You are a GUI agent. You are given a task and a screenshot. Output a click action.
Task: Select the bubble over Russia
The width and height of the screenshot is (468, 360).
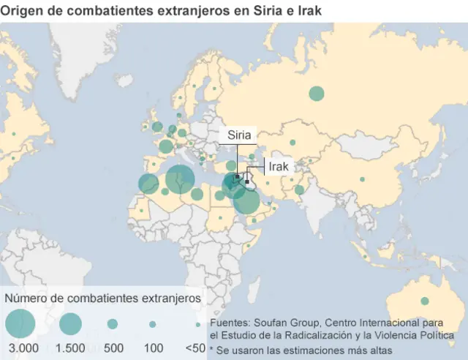point(317,93)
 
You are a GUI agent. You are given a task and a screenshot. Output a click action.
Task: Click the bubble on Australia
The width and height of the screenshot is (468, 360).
point(425,301)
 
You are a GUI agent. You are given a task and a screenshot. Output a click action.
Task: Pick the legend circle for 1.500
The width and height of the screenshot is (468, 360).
point(71,323)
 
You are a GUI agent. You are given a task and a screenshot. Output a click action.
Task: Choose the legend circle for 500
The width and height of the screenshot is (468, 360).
point(113,323)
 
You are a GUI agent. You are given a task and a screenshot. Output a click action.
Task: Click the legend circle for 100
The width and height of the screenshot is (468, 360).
point(153,323)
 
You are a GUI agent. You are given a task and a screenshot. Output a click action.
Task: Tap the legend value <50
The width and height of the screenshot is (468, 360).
point(195,348)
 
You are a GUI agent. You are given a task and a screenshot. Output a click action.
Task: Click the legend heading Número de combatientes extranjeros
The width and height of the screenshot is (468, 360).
point(103,299)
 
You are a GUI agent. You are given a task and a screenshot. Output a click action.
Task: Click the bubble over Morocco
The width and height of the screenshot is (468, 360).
point(148,184)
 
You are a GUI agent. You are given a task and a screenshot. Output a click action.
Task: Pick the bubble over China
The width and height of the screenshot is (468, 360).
point(361,179)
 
